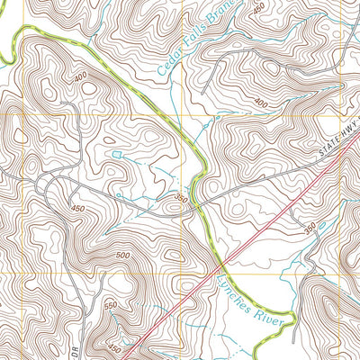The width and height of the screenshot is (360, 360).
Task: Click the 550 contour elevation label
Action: pos(111,308)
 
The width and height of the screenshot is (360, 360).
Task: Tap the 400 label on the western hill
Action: pos(84,77)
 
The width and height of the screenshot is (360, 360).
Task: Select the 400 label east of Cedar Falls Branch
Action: pos(261,104)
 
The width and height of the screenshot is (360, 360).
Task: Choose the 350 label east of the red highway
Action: pos(310,229)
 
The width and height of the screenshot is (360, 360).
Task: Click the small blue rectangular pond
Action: pos(116,156)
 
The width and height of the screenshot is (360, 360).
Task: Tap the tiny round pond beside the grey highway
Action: pos(117,193)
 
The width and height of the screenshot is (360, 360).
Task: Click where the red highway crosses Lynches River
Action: pos(220,267)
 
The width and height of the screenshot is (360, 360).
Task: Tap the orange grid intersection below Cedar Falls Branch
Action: pos(182,114)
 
